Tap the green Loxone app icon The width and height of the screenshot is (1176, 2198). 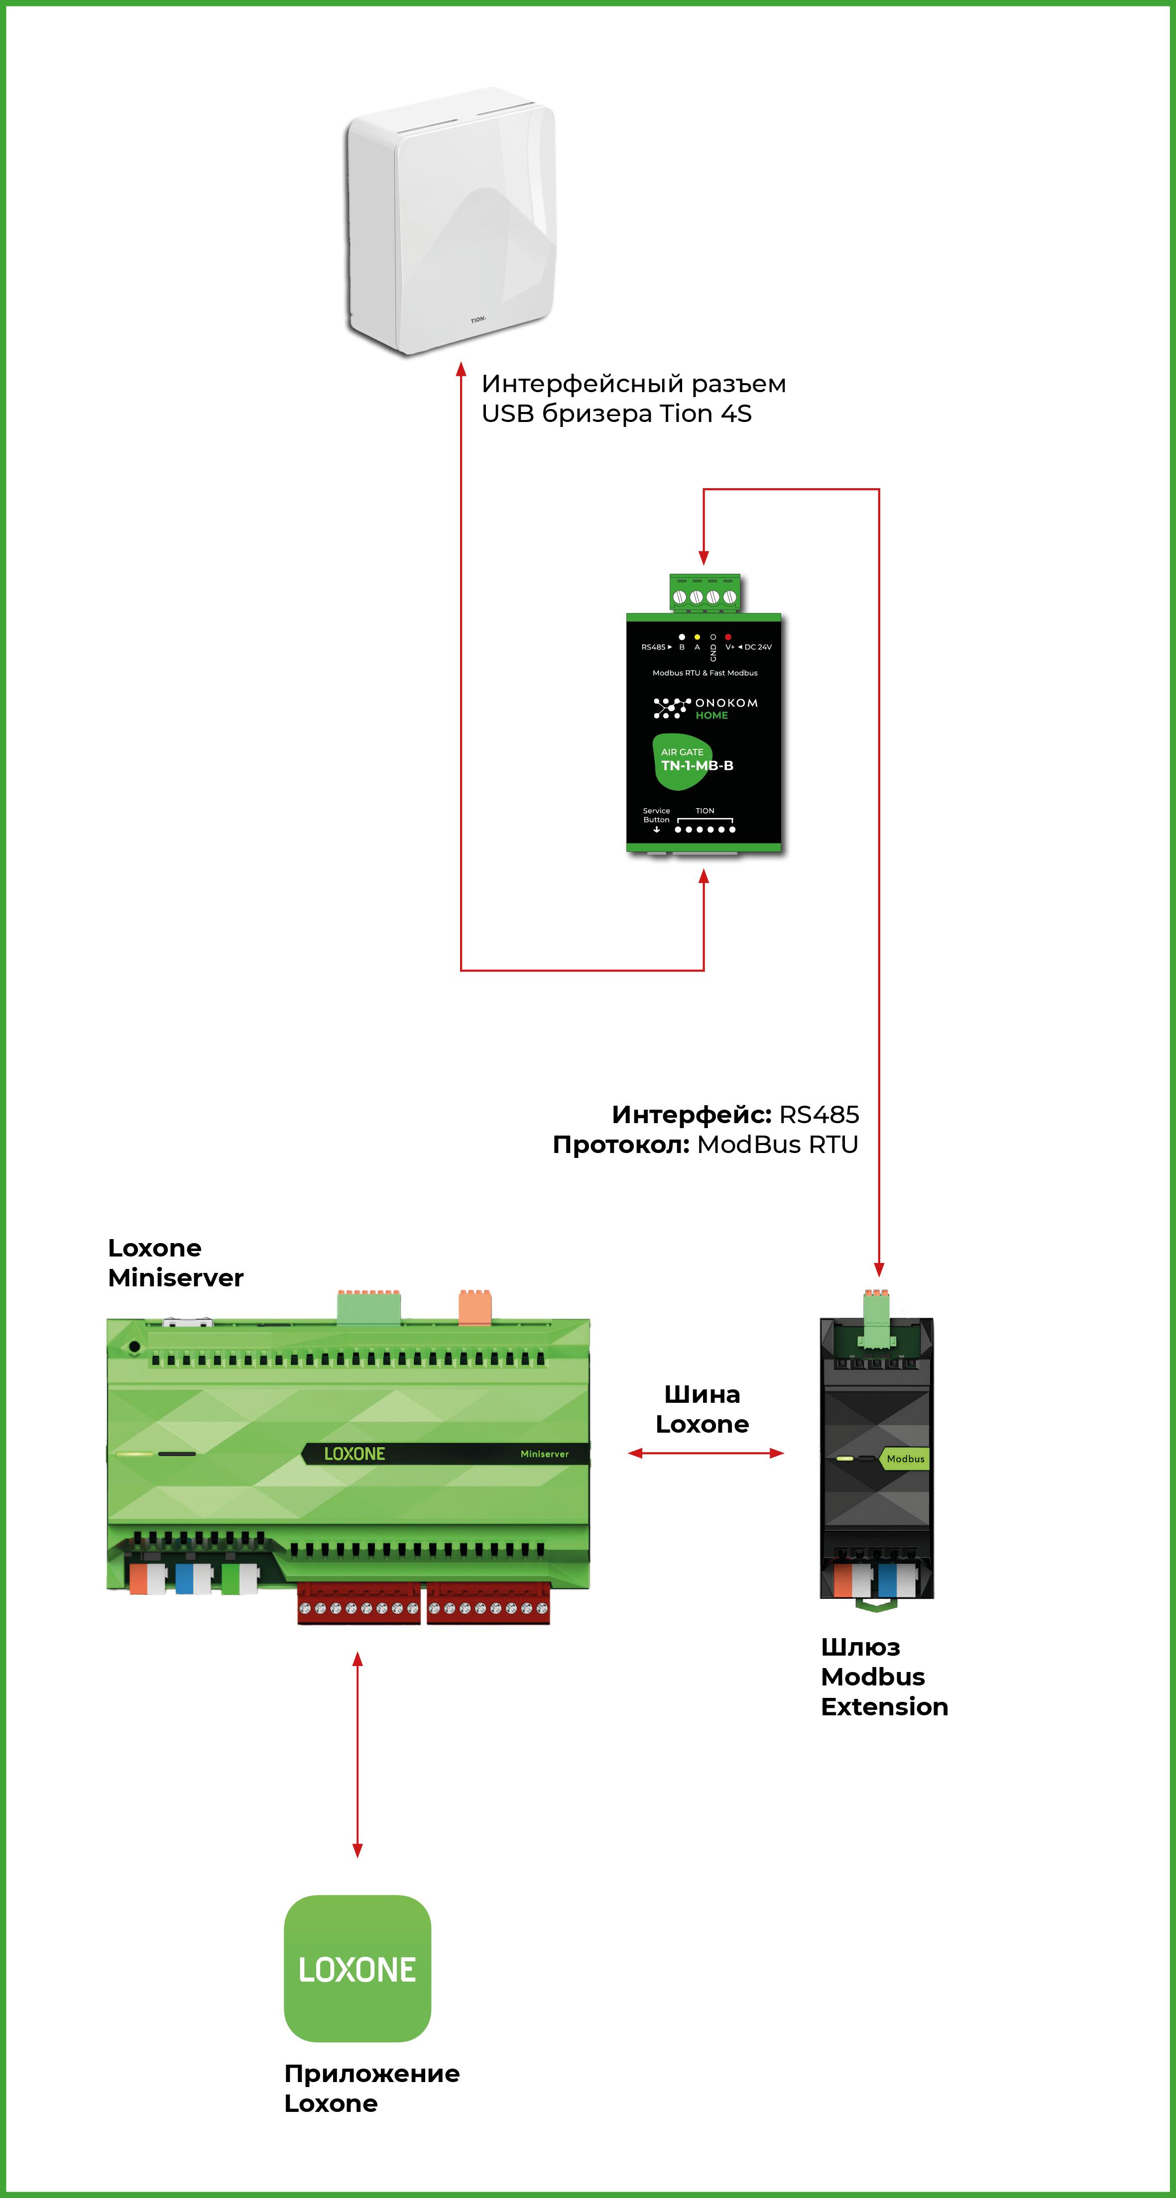coord(356,1969)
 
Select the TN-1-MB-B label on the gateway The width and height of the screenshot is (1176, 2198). coord(697,765)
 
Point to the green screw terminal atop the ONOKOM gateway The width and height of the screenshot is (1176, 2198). coord(704,594)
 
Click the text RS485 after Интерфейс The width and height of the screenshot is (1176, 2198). coord(819,1114)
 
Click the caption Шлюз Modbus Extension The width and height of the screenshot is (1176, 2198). coord(884,1676)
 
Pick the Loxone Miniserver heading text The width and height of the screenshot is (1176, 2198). coord(175,1263)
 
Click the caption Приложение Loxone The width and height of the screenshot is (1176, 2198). coord(371,2088)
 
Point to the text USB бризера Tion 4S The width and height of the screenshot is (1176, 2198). coord(616,414)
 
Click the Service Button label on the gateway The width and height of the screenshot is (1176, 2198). coord(656,816)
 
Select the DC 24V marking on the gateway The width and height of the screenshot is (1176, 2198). coord(758,647)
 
